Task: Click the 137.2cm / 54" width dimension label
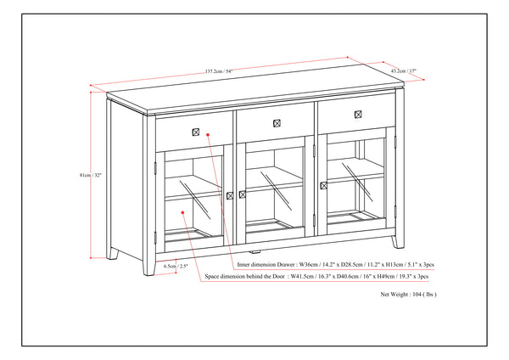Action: (220, 70)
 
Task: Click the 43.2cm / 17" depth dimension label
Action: (403, 71)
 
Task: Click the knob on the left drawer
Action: (197, 132)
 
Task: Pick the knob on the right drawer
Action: (357, 114)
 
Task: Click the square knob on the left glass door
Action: (230, 196)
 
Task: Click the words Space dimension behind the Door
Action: (244, 276)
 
